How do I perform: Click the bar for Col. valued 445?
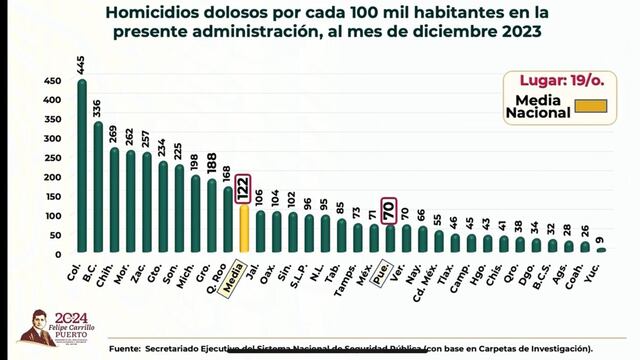[x=82, y=166]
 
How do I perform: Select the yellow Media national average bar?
[x=244, y=229]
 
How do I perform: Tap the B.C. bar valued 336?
[x=98, y=187]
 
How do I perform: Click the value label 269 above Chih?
[x=114, y=132]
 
